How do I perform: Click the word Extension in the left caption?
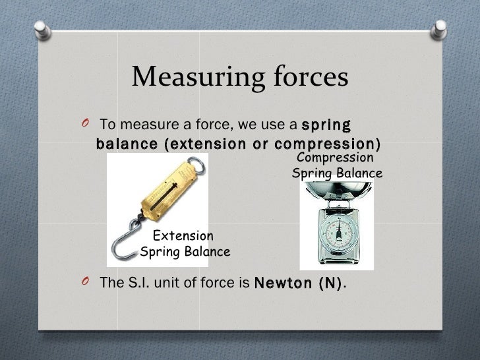[x=183, y=235]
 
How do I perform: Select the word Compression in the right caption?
[x=336, y=158]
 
